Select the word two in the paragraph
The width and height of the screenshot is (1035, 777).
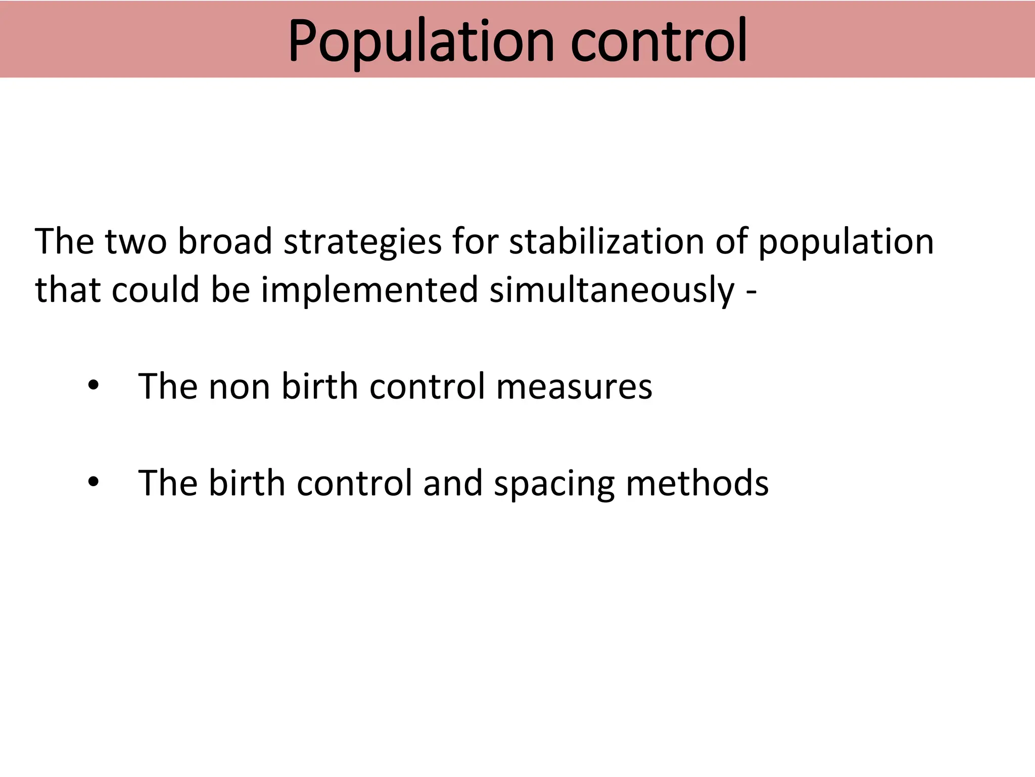click(135, 241)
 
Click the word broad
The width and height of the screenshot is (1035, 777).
click(225, 241)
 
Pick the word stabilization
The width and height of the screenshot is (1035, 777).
click(606, 241)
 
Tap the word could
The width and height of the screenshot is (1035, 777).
click(155, 290)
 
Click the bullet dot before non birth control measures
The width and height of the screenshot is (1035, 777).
click(93, 386)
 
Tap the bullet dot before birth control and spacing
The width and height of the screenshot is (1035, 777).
click(93, 483)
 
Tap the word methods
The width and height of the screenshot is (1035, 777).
click(697, 483)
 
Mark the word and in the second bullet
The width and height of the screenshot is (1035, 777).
click(452, 483)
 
